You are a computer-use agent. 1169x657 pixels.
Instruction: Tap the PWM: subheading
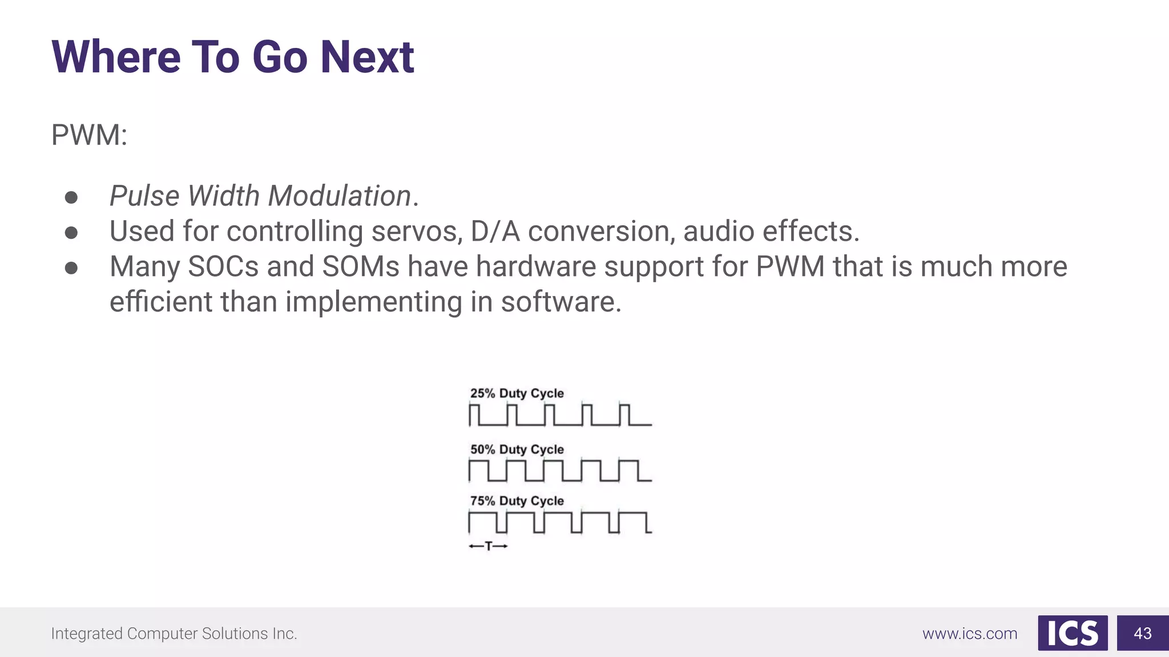pyautogui.click(x=89, y=135)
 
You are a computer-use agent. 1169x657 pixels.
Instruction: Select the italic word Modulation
pyautogui.click(x=340, y=196)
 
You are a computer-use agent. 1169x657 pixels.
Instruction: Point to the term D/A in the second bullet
pyautogui.click(x=495, y=231)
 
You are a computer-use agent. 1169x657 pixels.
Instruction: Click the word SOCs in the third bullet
pyautogui.click(x=223, y=266)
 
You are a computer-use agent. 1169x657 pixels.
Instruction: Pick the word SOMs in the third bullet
pyautogui.click(x=361, y=266)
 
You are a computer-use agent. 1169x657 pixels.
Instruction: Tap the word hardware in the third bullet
pyautogui.click(x=535, y=266)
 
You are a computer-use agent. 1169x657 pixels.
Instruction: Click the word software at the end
pyautogui.click(x=561, y=302)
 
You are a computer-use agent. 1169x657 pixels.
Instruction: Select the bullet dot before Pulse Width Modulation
pyautogui.click(x=71, y=197)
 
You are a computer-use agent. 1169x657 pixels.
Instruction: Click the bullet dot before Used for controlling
pyautogui.click(x=71, y=233)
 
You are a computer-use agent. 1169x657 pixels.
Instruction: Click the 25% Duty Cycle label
pyautogui.click(x=517, y=394)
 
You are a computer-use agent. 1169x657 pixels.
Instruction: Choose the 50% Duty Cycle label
pyautogui.click(x=517, y=449)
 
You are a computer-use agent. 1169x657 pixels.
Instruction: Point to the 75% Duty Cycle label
pyautogui.click(x=517, y=501)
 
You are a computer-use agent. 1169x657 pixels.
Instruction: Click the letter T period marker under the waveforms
pyautogui.click(x=488, y=546)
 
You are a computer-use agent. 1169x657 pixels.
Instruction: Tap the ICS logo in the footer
pyautogui.click(x=1073, y=633)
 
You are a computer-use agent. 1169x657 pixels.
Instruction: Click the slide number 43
pyautogui.click(x=1143, y=633)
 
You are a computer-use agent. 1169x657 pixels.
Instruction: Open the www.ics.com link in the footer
pyautogui.click(x=970, y=634)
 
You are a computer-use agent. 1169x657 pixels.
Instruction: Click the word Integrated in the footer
pyautogui.click(x=86, y=634)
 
